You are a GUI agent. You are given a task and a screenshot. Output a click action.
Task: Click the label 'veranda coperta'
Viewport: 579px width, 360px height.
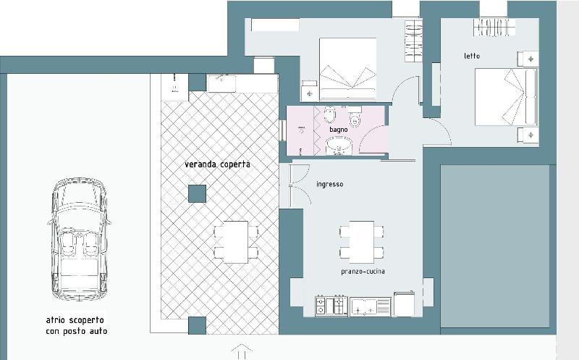click(x=217, y=164)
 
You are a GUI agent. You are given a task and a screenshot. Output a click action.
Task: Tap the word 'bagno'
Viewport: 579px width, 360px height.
click(x=339, y=130)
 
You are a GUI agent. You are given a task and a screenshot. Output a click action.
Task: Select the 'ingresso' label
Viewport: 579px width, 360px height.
click(x=330, y=184)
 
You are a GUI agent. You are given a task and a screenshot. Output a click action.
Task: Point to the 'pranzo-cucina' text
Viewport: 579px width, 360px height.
click(x=363, y=272)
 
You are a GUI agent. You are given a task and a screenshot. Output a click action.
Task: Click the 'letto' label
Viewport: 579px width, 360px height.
click(x=472, y=56)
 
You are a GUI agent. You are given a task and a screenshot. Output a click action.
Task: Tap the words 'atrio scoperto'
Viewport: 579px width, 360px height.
click(x=75, y=320)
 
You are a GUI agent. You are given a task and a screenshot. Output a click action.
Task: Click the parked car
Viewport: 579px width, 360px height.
click(x=79, y=239)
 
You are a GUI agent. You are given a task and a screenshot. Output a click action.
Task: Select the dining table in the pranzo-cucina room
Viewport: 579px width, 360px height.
click(x=361, y=242)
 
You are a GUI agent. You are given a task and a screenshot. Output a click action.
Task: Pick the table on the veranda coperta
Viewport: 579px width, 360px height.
click(x=236, y=242)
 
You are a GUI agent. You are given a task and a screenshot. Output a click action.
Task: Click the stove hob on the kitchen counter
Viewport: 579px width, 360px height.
click(x=331, y=306)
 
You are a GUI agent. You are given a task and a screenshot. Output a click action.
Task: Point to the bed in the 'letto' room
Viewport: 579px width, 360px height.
click(x=506, y=97)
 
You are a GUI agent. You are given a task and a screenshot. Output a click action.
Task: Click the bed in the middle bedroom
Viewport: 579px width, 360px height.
click(x=348, y=69)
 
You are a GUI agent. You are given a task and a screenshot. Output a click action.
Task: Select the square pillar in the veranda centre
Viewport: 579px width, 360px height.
click(x=197, y=193)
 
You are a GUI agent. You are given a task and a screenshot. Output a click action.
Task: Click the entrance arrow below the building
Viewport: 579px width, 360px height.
click(x=242, y=351)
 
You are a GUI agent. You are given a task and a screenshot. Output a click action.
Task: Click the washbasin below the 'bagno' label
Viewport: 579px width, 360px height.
click(x=339, y=146)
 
